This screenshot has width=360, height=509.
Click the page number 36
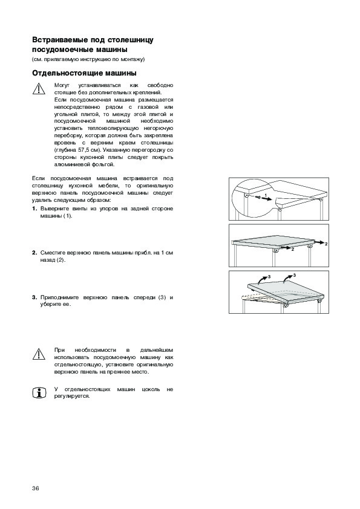click(x=36, y=488)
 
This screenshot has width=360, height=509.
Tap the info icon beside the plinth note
click(x=39, y=393)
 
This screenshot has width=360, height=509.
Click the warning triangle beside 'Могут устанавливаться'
click(x=39, y=89)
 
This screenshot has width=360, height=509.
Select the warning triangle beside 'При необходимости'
click(x=39, y=354)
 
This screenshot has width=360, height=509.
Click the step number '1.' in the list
click(x=34, y=209)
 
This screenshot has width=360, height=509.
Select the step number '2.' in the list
click(x=34, y=253)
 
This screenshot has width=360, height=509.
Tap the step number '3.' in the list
click(x=34, y=297)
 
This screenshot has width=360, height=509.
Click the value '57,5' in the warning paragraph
click(x=83, y=150)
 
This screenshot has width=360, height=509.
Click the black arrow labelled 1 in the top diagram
click(x=266, y=199)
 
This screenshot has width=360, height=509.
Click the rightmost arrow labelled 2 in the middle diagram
click(x=319, y=242)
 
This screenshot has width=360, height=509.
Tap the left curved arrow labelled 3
click(x=263, y=279)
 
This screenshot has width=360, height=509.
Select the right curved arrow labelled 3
click(x=287, y=278)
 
